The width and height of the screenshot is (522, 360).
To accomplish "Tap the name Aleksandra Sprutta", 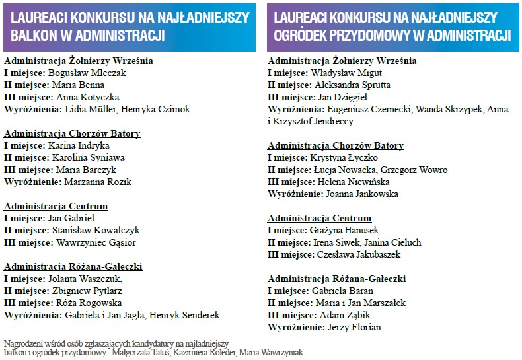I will coord(352,85).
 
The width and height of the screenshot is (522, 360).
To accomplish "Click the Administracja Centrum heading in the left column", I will coord(56,206).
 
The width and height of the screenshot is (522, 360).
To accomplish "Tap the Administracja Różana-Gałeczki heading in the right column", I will coord(336,279).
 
